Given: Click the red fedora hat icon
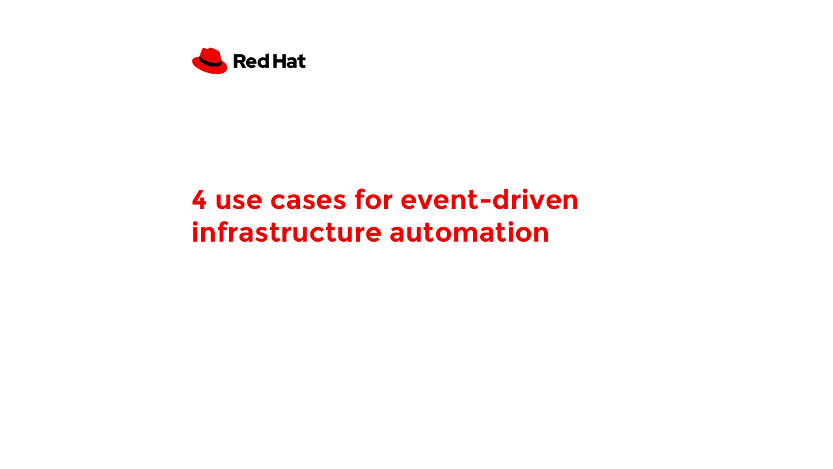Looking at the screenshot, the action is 210,61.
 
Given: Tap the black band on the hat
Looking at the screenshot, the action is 210,63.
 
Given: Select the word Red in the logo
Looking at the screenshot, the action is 251,61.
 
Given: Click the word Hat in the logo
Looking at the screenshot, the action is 290,61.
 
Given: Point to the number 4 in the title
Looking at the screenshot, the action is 199,200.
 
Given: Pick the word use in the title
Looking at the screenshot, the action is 239,202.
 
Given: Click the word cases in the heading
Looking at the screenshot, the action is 308,202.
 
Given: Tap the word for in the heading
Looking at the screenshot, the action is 374,199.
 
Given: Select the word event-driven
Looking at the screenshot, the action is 489,199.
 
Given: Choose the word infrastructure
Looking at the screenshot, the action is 286,231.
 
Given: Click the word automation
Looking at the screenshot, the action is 469,233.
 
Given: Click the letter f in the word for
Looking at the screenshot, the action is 361,199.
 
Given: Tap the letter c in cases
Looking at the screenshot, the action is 278,202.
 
